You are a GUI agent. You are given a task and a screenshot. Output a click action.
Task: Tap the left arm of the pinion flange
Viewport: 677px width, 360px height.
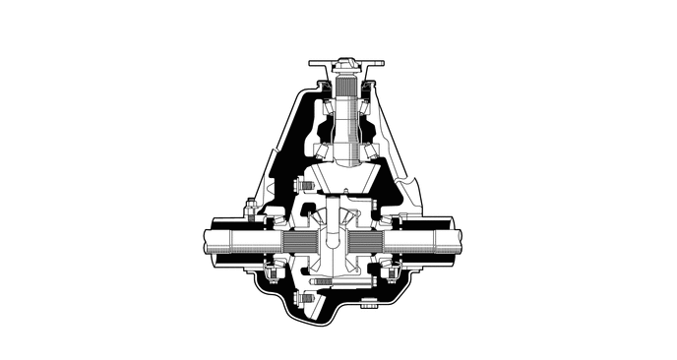pos(320,66)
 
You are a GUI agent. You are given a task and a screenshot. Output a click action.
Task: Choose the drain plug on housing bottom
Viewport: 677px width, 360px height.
pos(367,304)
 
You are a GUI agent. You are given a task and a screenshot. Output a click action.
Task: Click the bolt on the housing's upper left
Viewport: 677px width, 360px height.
pos(250,208)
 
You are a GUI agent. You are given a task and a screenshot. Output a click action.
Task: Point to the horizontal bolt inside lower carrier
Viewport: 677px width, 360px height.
pos(318,279)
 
